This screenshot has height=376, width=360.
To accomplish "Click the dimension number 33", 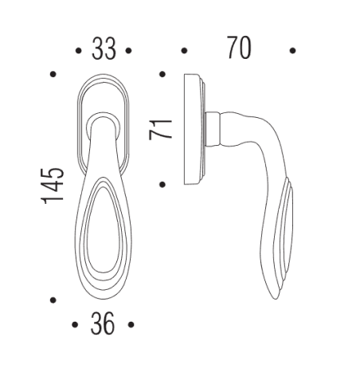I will [104, 49].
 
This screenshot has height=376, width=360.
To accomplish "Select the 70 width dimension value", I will [237, 49].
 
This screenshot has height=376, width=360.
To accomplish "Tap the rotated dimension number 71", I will [162, 127].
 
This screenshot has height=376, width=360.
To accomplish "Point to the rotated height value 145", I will [53, 185].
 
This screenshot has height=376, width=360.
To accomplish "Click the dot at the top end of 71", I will [162, 74].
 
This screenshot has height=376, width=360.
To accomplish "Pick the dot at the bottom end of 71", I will [162, 185].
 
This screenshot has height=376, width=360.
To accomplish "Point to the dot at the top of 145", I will [53, 74].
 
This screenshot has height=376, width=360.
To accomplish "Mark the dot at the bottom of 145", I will [53, 300].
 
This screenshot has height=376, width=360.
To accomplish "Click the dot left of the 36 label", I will [75, 325].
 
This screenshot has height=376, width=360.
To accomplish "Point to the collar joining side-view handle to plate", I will [213, 129].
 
